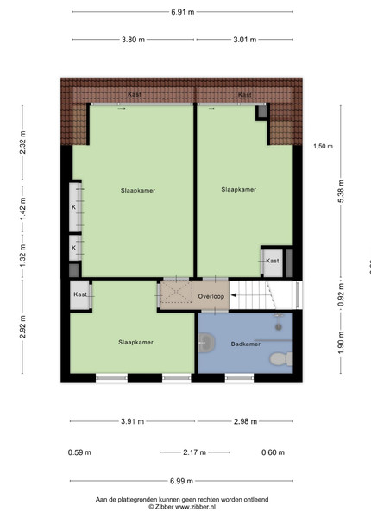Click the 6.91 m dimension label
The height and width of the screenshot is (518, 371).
(183, 12)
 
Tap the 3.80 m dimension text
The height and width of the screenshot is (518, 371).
(133, 40)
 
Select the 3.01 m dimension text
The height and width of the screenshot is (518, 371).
(244, 40)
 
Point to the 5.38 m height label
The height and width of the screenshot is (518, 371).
(341, 192)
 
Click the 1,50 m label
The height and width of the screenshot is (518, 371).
(324, 146)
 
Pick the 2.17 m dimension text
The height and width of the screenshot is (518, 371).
(194, 452)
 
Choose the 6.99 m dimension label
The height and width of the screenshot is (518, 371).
(181, 481)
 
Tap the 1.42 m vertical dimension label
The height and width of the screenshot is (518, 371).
(22, 209)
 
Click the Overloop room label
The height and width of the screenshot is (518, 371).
(211, 296)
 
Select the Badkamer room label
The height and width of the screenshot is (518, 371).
(246, 344)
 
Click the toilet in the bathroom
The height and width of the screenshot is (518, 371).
(281, 359)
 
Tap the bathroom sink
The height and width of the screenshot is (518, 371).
(206, 342)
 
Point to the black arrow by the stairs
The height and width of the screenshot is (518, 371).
(233, 295)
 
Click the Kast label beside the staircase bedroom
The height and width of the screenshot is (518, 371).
(273, 261)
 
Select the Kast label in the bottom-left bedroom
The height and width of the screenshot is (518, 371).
(80, 294)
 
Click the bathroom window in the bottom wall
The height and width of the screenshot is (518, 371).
(239, 378)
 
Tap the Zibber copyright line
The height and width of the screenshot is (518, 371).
(182, 506)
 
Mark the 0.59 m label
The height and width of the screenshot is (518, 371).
(79, 452)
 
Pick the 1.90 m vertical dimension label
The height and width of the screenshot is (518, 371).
(341, 343)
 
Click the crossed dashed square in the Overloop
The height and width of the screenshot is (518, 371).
(176, 292)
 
